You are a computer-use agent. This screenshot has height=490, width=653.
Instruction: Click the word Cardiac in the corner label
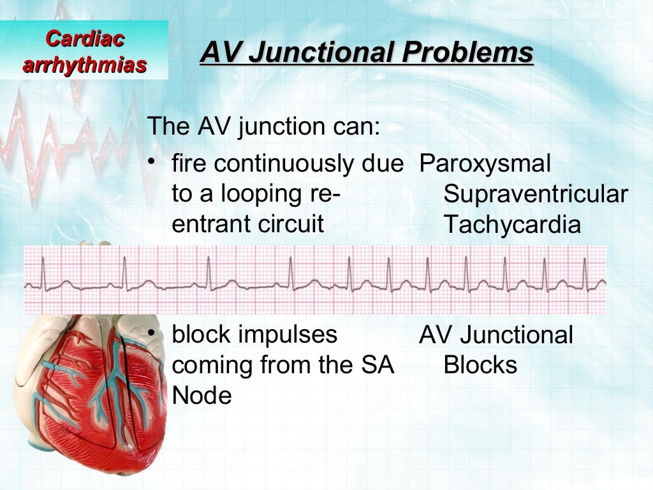[85, 39]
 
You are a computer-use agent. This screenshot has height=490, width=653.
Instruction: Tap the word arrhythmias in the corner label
[85, 64]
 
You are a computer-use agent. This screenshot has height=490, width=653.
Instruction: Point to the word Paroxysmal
[485, 165]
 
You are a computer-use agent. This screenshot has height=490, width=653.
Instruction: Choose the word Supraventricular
[536, 195]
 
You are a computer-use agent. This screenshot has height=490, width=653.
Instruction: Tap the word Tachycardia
[512, 225]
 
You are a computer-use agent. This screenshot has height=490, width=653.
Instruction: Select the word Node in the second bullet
[202, 396]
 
